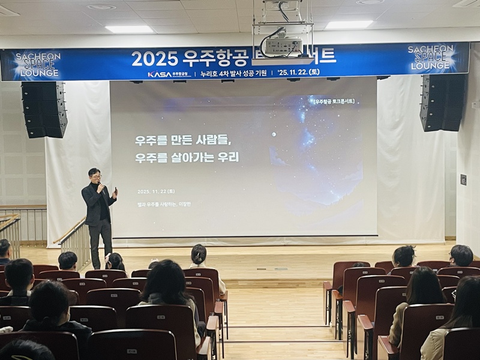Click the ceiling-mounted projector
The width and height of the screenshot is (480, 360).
click(x=283, y=45)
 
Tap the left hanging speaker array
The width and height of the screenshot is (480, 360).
click(x=44, y=109)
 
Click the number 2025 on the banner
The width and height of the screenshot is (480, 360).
click(x=154, y=58)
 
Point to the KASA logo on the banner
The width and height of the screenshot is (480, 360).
click(x=159, y=74)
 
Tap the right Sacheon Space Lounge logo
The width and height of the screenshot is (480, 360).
click(x=430, y=57)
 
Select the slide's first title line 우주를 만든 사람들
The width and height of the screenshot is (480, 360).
click(x=183, y=141)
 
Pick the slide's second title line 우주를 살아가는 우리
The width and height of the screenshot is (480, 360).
click(x=187, y=158)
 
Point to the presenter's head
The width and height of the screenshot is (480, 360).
click(x=94, y=175)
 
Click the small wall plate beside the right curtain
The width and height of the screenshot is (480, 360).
click(x=463, y=179)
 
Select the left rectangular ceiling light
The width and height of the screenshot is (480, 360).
click(x=129, y=29)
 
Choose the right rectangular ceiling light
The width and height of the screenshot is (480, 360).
click(x=349, y=25)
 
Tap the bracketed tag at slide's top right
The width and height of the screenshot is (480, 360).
click(x=334, y=101)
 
